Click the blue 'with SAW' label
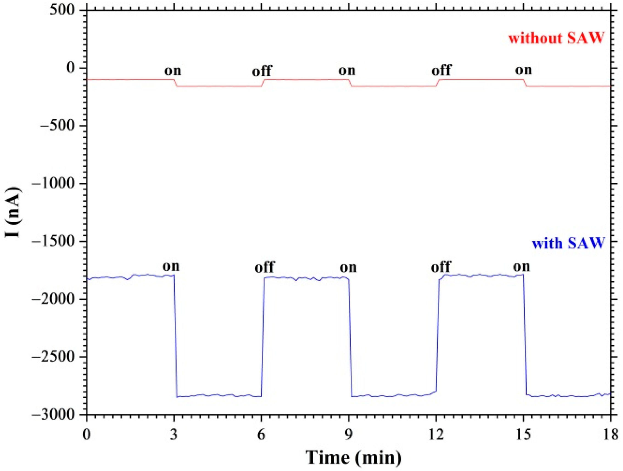pyautogui.click(x=568, y=243)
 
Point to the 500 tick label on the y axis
pyautogui.click(x=64, y=10)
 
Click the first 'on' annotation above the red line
pyautogui.click(x=173, y=70)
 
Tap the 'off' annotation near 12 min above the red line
pyautogui.click(x=441, y=70)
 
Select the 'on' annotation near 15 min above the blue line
pyautogui.click(x=521, y=266)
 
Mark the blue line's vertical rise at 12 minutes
pyautogui.click(x=437, y=338)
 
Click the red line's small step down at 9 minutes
pyautogui.click(x=350, y=83)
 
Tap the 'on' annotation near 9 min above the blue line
pyautogui.click(x=348, y=267)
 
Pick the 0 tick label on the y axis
pyautogui.click(x=70, y=68)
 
